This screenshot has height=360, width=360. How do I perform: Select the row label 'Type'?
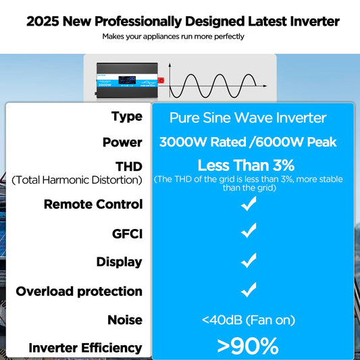pyautogui.click(x=126, y=116)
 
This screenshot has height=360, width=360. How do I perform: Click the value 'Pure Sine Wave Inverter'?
pyautogui.click(x=248, y=118)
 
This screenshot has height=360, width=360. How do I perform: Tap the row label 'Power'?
pyautogui.click(x=122, y=143)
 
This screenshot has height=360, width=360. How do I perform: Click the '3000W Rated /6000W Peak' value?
pyautogui.click(x=248, y=143)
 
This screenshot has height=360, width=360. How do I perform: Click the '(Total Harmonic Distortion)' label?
pyautogui.click(x=77, y=180)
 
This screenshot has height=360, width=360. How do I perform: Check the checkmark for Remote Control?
pyautogui.click(x=249, y=205)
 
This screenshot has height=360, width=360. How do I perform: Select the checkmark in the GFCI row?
pyautogui.click(x=249, y=232)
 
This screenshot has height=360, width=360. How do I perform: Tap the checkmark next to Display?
pyautogui.click(x=249, y=261)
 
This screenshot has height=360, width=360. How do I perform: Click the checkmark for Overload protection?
pyautogui.click(x=249, y=290)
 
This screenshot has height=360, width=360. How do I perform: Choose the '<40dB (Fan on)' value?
pyautogui.click(x=248, y=319)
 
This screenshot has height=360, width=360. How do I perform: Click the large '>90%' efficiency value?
pyautogui.click(x=248, y=346)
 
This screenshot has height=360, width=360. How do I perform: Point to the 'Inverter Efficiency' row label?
pyautogui.click(x=85, y=348)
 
